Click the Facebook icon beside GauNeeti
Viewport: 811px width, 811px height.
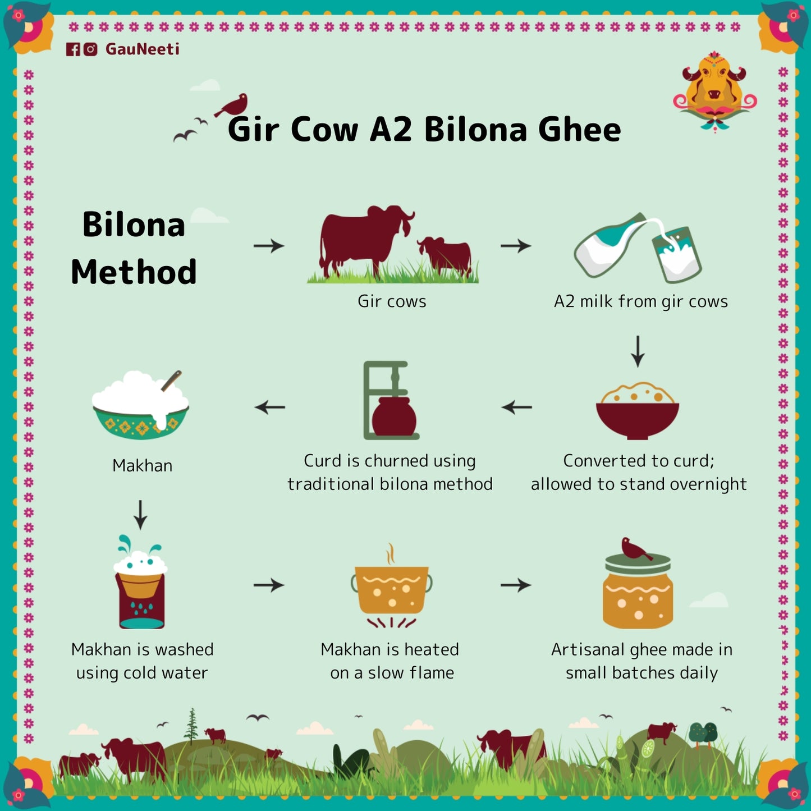click(73, 49)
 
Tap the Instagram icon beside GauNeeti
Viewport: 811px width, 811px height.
click(90, 49)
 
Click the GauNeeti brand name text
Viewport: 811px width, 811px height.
click(143, 49)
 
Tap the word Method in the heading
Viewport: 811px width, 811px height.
click(134, 272)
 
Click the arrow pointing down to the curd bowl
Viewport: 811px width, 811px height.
click(638, 351)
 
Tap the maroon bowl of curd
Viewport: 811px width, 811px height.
click(638, 418)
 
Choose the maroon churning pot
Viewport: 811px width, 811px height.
click(394, 417)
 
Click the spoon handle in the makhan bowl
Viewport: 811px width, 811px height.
click(172, 381)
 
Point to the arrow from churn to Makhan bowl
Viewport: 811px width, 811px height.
click(270, 407)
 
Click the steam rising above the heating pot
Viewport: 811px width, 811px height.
click(391, 554)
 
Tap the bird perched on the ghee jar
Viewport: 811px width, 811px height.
click(635, 548)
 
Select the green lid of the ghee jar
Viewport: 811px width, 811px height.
click(638, 564)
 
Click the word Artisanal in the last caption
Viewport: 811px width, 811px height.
click(588, 650)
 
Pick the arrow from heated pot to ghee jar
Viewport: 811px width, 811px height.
click(516, 585)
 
